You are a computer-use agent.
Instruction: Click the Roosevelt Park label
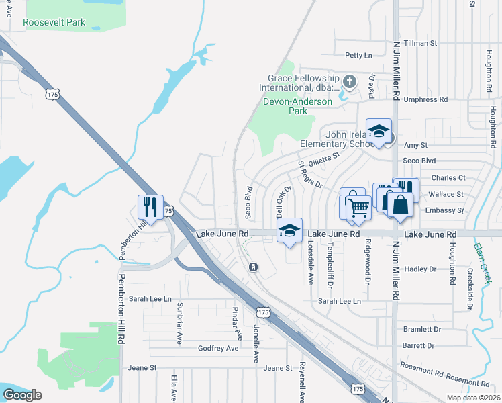(x=54, y=22)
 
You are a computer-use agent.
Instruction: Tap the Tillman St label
(x=421, y=43)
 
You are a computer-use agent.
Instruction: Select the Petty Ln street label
(x=358, y=55)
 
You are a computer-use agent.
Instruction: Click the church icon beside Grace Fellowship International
(x=349, y=82)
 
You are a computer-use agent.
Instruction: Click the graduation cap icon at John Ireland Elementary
(x=379, y=130)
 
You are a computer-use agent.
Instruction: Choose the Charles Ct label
(x=448, y=178)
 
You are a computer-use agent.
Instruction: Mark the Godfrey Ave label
(x=218, y=348)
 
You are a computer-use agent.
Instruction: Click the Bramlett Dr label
(x=422, y=330)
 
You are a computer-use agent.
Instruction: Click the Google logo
(x=22, y=395)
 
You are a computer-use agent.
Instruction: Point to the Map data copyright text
(x=473, y=398)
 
